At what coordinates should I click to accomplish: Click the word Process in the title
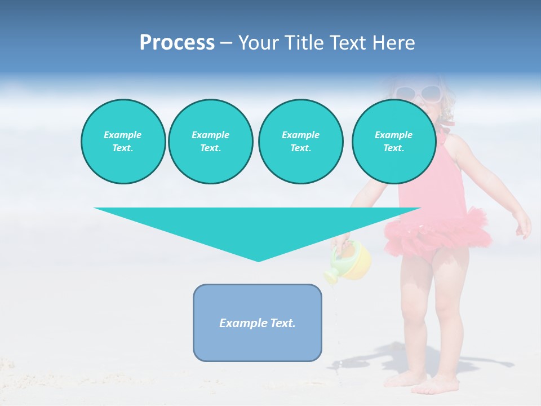click(x=177, y=42)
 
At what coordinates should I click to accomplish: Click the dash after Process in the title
click(x=226, y=43)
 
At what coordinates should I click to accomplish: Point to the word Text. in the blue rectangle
click(x=283, y=323)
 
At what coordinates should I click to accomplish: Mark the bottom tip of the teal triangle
click(x=258, y=260)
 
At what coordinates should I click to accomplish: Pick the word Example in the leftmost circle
click(x=123, y=135)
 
